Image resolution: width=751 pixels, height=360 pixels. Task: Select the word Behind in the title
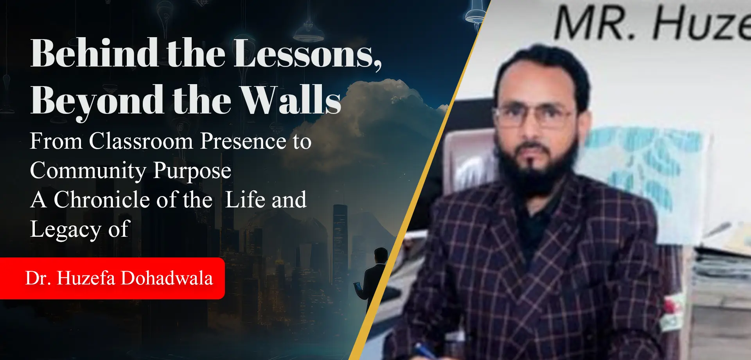[x=94, y=53]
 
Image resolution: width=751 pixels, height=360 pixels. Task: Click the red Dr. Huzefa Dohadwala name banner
[x=112, y=278]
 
